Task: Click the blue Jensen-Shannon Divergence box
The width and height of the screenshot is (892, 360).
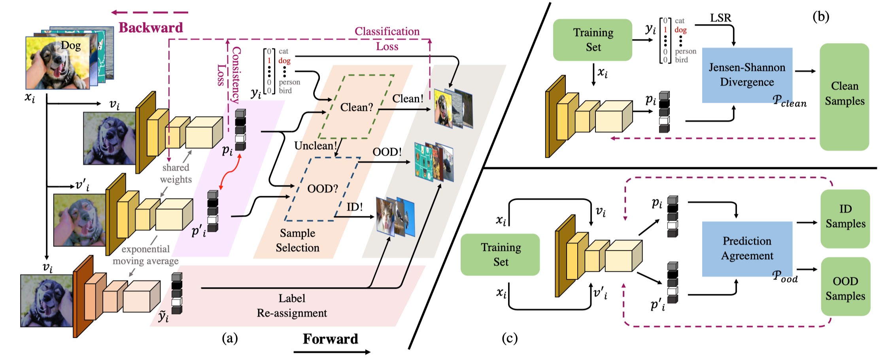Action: tap(747, 75)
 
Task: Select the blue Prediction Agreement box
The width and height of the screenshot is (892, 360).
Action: tap(747, 248)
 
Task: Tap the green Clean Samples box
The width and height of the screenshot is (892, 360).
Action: tap(845, 97)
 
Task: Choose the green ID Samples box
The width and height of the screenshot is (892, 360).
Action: tap(845, 219)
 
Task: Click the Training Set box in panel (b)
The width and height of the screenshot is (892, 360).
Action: tap(593, 40)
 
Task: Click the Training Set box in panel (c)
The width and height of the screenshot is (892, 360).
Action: tap(500, 254)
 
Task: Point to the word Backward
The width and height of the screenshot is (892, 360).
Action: tap(151, 28)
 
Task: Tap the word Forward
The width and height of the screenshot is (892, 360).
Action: tap(331, 339)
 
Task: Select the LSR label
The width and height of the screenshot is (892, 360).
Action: tap(721, 18)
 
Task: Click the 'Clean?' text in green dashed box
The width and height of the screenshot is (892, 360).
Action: tap(357, 107)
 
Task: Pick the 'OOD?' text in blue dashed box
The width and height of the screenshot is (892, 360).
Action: tap(323, 188)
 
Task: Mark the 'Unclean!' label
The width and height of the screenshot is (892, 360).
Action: tap(316, 146)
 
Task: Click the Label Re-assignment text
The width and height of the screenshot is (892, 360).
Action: tap(292, 305)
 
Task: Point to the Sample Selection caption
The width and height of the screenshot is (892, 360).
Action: tap(297, 240)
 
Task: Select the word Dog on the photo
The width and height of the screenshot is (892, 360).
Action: tap(71, 46)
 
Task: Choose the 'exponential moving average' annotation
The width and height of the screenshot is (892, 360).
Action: tap(146, 255)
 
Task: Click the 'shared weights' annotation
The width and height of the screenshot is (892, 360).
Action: tap(176, 173)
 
